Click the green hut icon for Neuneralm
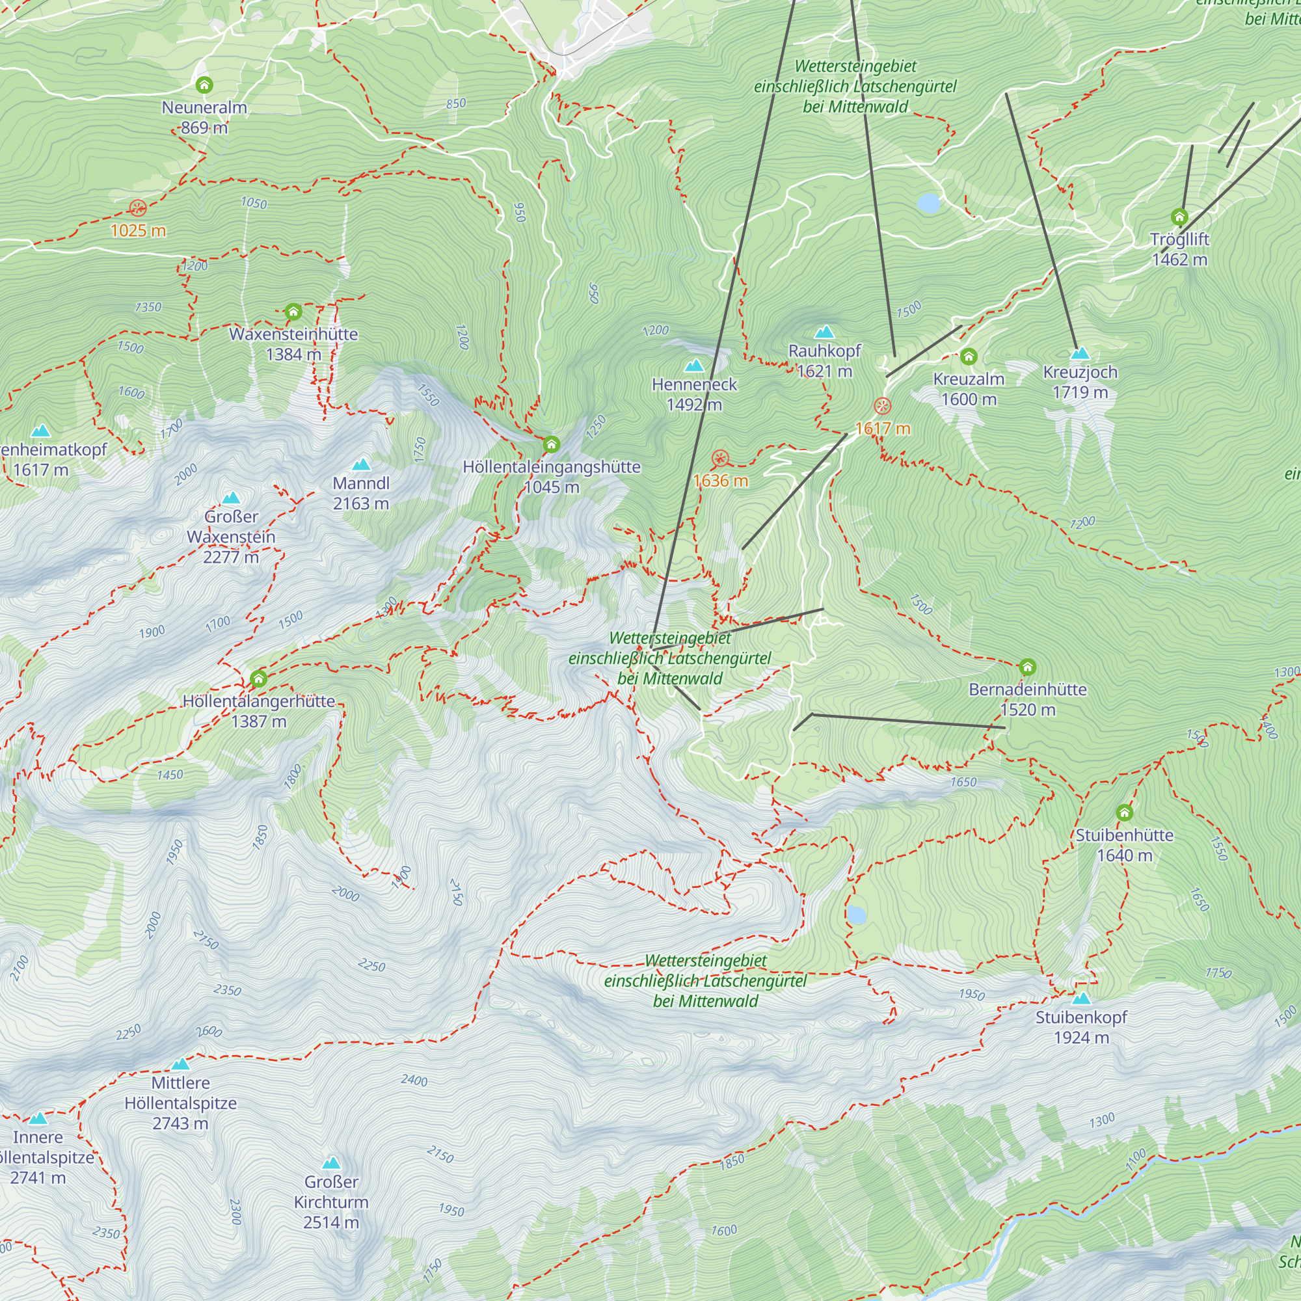[204, 85]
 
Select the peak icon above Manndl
[362, 464]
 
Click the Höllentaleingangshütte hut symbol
[551, 444]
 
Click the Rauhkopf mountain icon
[824, 332]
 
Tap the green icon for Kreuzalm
[969, 356]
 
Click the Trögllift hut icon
[1179, 217]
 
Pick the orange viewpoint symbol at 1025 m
[138, 208]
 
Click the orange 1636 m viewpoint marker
[720, 459]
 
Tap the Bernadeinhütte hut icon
[1027, 667]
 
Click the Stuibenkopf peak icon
[1080, 999]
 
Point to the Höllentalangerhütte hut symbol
[259, 678]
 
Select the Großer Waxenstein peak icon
[231, 498]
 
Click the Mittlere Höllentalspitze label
[180, 1103]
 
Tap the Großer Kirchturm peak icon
[330, 1164]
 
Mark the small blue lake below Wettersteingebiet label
[928, 203]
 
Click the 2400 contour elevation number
[414, 1080]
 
